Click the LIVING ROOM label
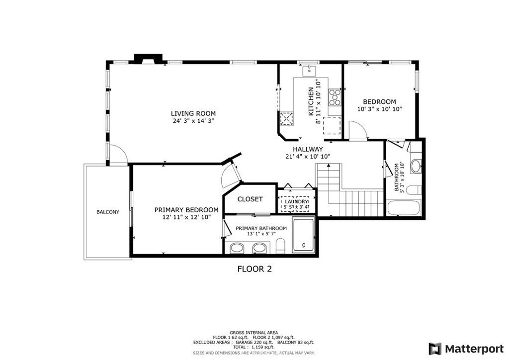coord(193,113)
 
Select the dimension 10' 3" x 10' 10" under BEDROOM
coord(379,109)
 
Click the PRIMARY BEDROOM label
coord(186,210)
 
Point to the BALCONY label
coord(108,212)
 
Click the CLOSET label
coord(250,199)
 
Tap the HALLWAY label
coord(307,149)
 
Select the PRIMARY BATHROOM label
coord(261,228)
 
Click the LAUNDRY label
coord(297,201)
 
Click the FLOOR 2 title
coord(254,269)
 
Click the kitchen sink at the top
coord(310,70)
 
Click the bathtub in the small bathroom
coord(404,207)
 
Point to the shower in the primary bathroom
coord(303,234)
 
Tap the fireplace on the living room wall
coord(148,59)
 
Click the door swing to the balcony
coord(117,154)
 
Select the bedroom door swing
coord(357,130)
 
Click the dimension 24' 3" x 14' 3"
coord(193,121)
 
